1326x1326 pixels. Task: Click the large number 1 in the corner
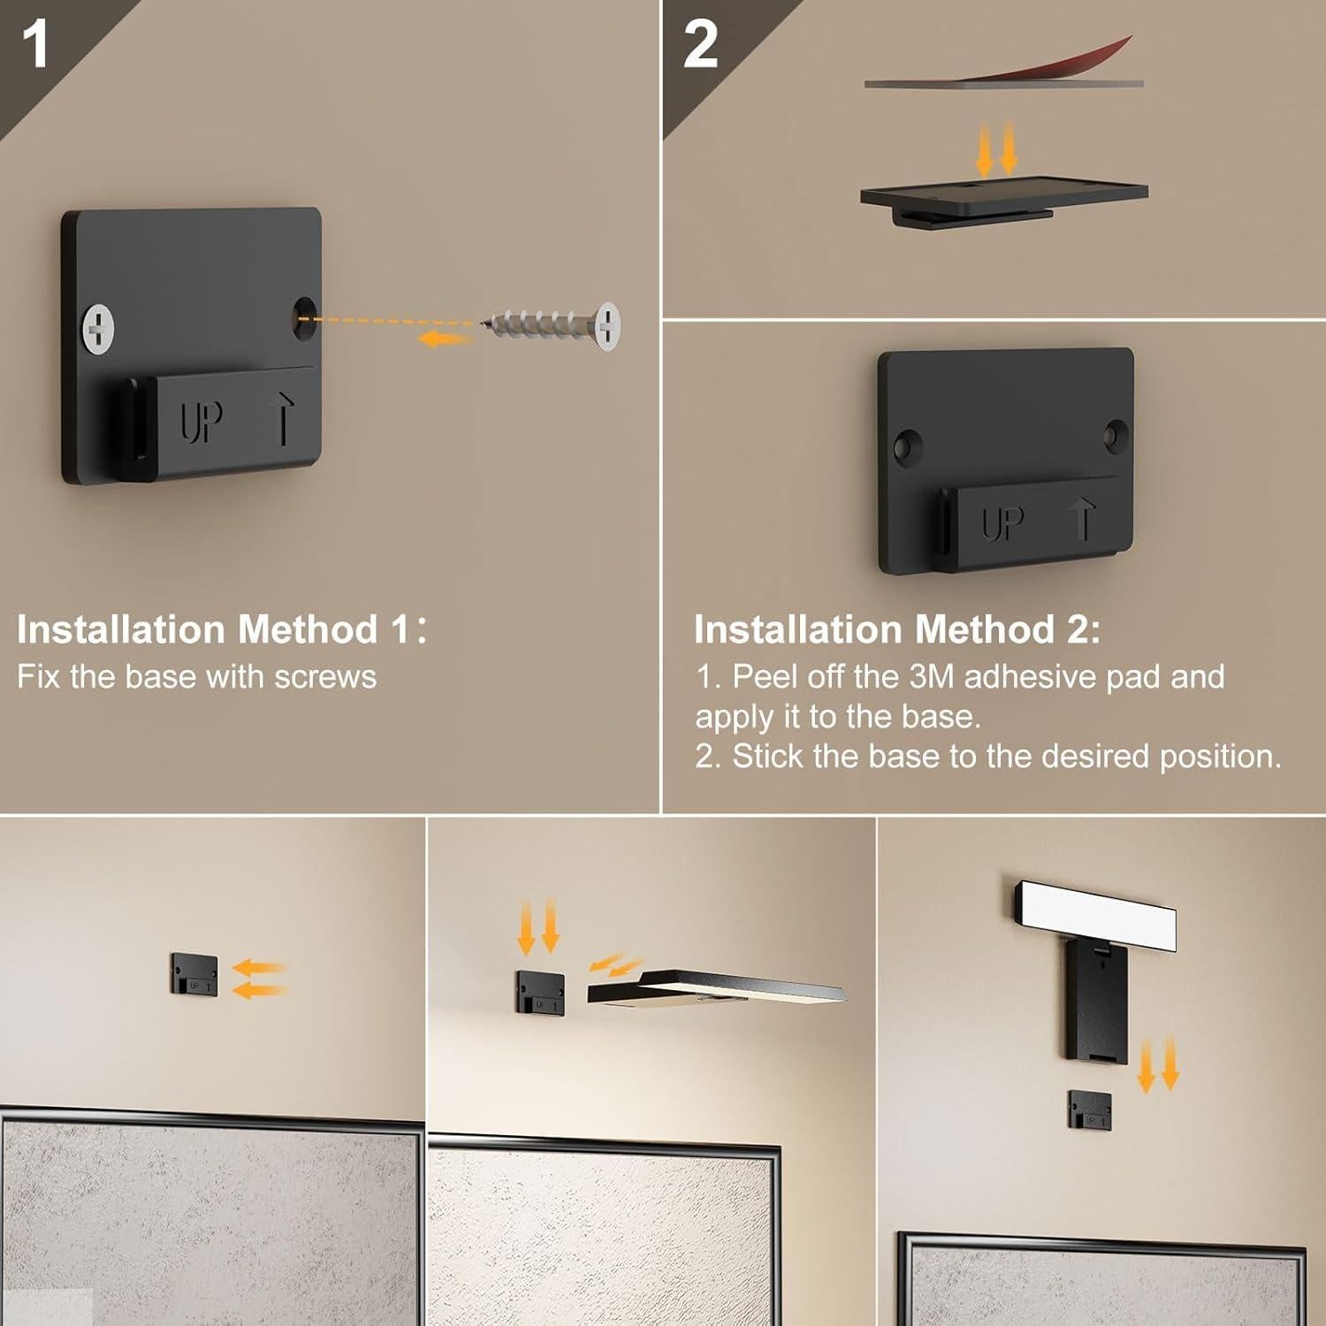coord(35,44)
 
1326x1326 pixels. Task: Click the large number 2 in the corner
coord(700,44)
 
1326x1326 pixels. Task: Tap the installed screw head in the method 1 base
coord(99,329)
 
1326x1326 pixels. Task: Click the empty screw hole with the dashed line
coord(305,316)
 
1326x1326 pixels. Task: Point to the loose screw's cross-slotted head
coord(607,325)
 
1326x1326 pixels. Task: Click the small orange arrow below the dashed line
coord(445,339)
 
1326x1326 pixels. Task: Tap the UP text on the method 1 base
coord(202,422)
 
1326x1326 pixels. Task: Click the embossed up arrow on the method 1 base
coord(282,418)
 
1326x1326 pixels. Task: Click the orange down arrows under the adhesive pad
coord(996,149)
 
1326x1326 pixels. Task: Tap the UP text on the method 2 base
coord(1002,522)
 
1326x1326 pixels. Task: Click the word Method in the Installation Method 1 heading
coord(308,629)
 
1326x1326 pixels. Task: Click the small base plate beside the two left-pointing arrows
coord(194,975)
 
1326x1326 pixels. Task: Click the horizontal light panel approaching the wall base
coord(716,988)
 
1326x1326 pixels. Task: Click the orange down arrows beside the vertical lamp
coord(1158,1064)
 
